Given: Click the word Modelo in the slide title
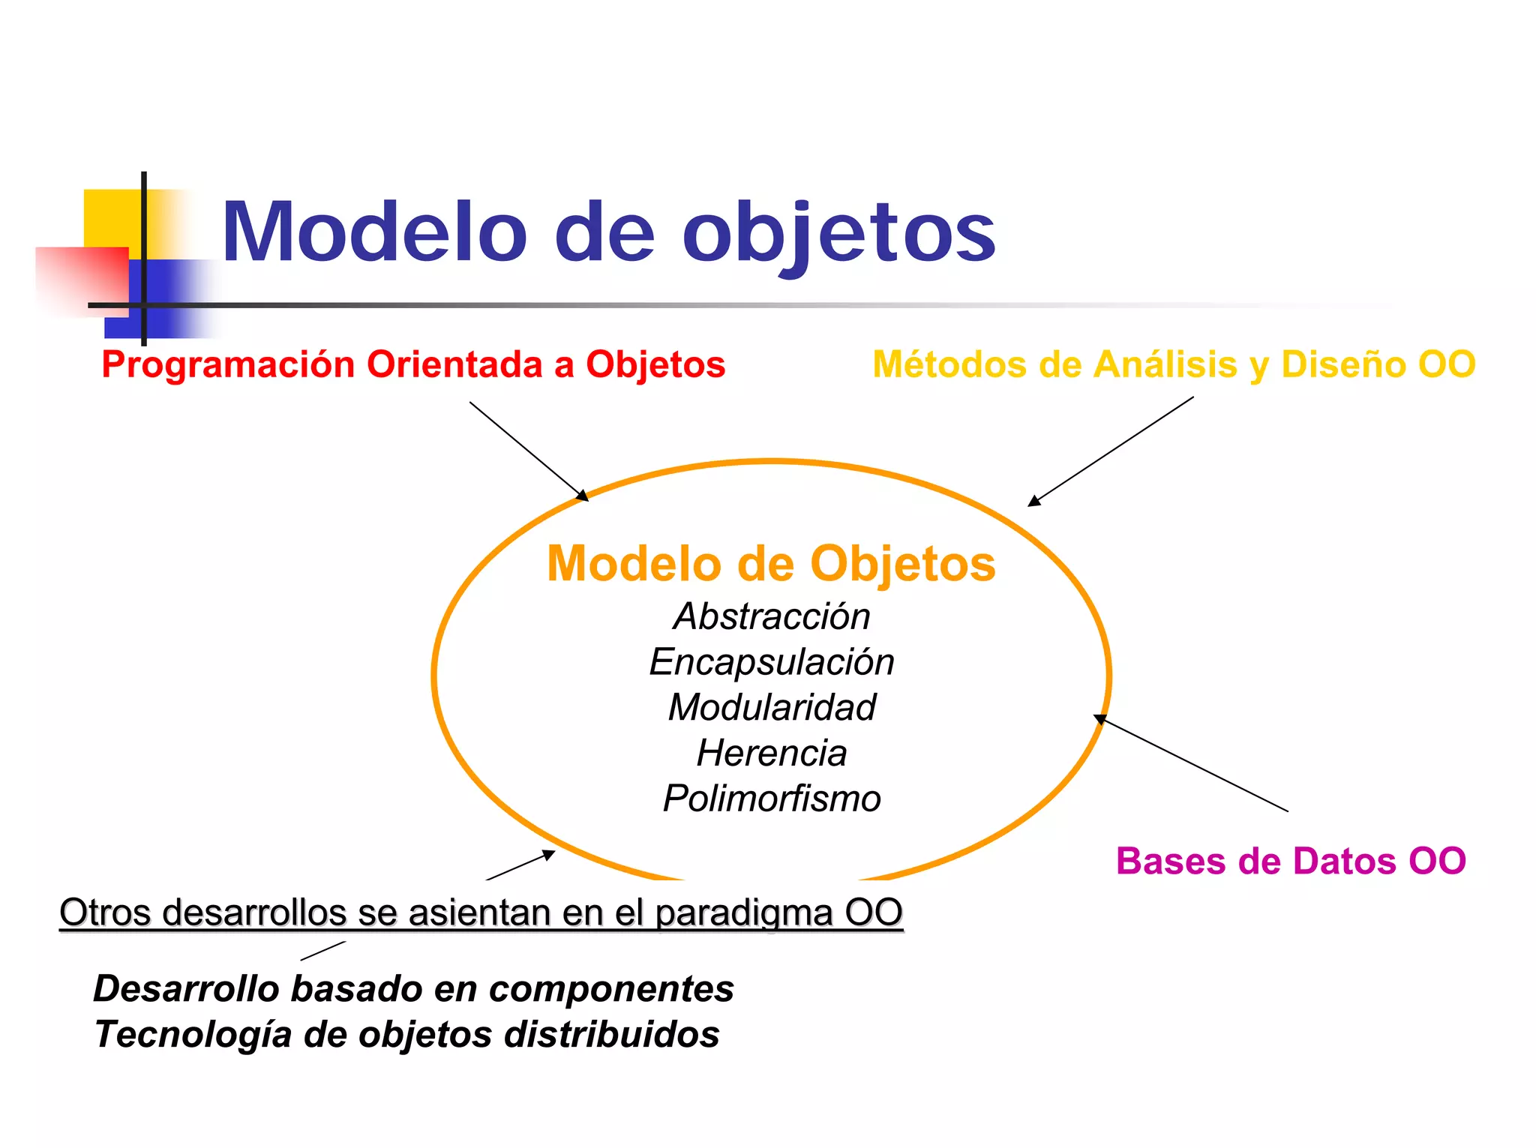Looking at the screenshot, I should pos(374,232).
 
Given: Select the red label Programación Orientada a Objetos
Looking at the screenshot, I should pos(413,365).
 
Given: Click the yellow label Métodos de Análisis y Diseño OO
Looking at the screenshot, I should pos(1174,365).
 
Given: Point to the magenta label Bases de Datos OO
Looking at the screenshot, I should pos(1290,861).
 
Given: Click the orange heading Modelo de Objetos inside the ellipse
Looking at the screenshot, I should pos(771,564).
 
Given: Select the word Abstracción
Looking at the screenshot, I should pos(771,616).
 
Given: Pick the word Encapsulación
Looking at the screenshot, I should pos(771,662).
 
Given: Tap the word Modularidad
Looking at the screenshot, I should pos(771,707).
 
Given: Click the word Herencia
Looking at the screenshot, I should pos(771,753).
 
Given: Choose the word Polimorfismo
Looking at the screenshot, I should pos(771,799).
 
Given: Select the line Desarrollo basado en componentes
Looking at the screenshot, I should pos(413,988).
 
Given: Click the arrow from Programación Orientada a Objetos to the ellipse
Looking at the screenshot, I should pos(529,451).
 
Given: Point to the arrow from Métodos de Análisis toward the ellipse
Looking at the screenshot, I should pos(1110,451).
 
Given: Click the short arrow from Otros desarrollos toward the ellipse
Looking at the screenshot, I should pos(520,865).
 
